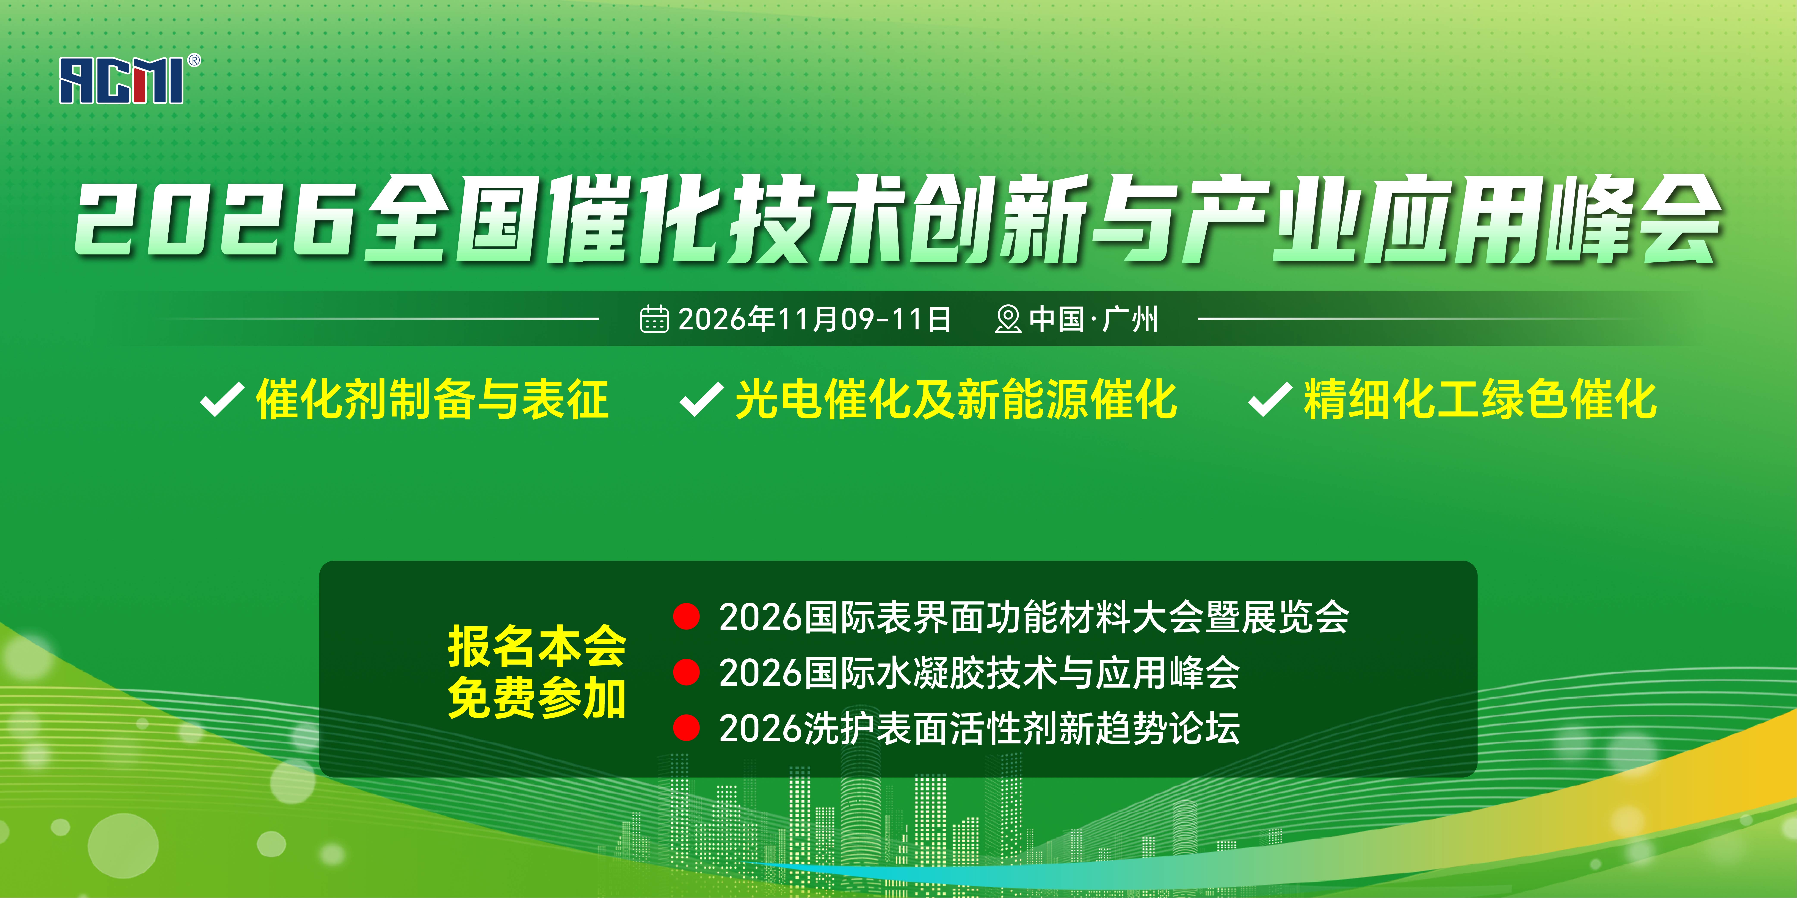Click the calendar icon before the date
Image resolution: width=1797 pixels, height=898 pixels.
coord(654,319)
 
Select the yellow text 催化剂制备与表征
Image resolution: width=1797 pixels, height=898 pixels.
coord(433,399)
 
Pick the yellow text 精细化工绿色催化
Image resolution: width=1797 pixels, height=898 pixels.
coord(1480,399)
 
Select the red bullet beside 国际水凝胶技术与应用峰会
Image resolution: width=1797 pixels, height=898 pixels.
coord(686,672)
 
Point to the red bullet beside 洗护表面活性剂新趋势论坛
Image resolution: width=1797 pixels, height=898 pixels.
coord(686,728)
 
